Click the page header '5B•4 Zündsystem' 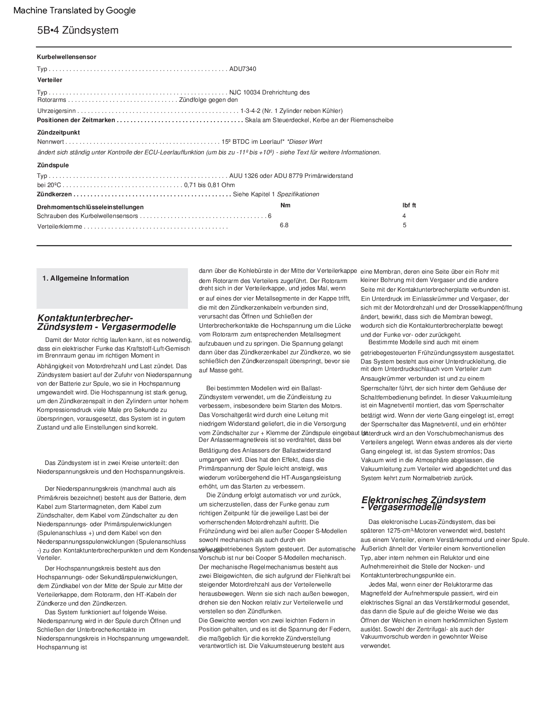78,30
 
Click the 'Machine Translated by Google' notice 75,11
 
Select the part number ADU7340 243,69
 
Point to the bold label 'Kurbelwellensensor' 66,57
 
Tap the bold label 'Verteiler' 50,80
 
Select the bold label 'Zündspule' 53,165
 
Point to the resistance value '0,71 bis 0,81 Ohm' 209,185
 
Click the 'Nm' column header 286,206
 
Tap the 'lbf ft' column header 409,206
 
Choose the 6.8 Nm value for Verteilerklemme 284,225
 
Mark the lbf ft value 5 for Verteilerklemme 404,225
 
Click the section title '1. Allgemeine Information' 86,278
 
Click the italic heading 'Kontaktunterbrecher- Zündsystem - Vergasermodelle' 106,323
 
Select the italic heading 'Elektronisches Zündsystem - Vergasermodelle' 423,503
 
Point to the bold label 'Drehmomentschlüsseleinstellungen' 90,207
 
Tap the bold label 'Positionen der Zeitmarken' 76,120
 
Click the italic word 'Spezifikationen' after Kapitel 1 298,194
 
